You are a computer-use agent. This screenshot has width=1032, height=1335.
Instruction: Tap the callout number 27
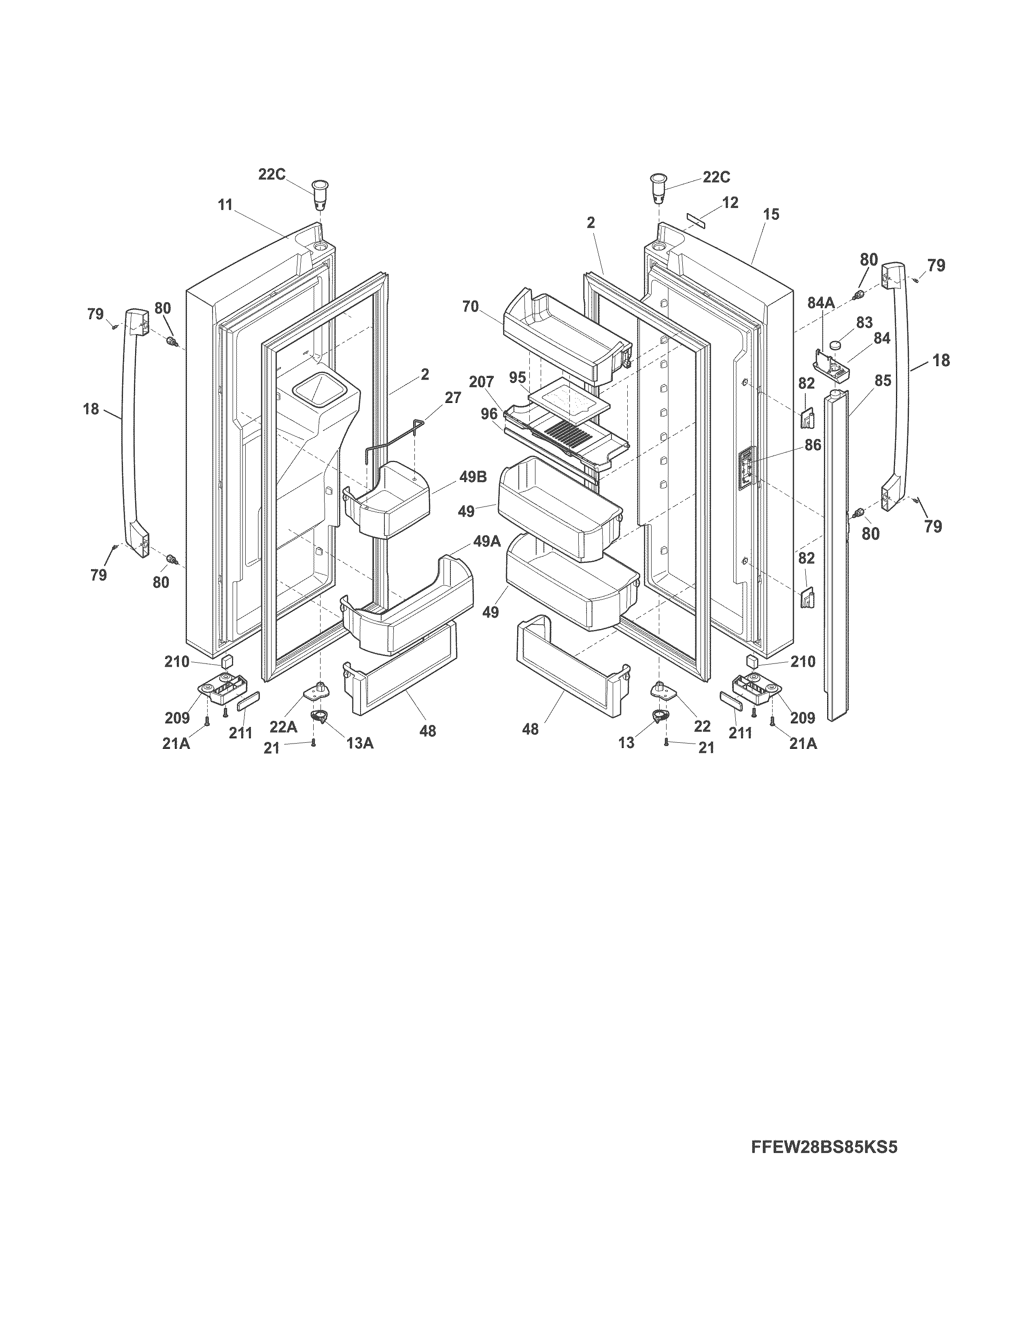pyautogui.click(x=452, y=398)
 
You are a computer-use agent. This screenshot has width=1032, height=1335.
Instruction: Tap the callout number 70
pyautogui.click(x=470, y=307)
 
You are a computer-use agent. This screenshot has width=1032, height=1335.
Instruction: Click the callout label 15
pyautogui.click(x=771, y=214)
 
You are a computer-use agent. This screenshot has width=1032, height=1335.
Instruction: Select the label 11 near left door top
pyautogui.click(x=225, y=205)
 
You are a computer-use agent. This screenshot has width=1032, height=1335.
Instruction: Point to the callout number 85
pyautogui.click(x=882, y=380)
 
